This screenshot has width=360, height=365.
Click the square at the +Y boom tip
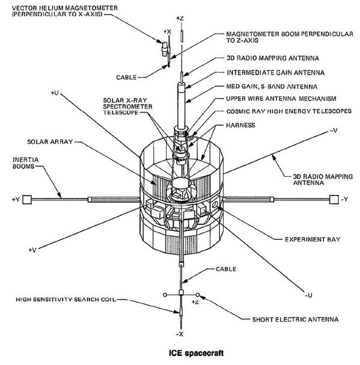[x=27, y=200]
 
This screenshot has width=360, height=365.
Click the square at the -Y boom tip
[x=334, y=200]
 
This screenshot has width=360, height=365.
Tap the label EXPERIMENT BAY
[x=313, y=239]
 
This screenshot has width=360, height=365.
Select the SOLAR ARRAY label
[x=50, y=142]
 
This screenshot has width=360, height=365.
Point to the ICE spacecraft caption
[x=196, y=353]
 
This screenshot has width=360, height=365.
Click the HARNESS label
[x=240, y=125]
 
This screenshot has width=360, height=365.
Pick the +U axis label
[x=55, y=93]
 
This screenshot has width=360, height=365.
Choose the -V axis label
[x=334, y=130]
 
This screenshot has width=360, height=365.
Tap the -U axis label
[x=308, y=295]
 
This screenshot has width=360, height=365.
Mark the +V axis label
[x=32, y=250]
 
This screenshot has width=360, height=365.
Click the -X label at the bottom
[x=180, y=334]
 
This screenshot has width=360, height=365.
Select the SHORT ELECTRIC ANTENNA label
[x=295, y=319]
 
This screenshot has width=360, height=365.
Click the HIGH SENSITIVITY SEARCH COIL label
[x=66, y=299]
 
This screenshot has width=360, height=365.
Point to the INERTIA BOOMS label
[x=26, y=163]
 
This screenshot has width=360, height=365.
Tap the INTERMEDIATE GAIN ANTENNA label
[x=275, y=73]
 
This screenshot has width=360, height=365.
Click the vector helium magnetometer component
[x=165, y=49]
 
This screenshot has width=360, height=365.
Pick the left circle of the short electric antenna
[x=165, y=295]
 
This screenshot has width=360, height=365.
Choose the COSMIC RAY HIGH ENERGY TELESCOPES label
[x=289, y=111]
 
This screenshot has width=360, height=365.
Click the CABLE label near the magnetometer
[x=126, y=78]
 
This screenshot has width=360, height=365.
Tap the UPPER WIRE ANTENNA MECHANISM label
[x=281, y=99]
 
